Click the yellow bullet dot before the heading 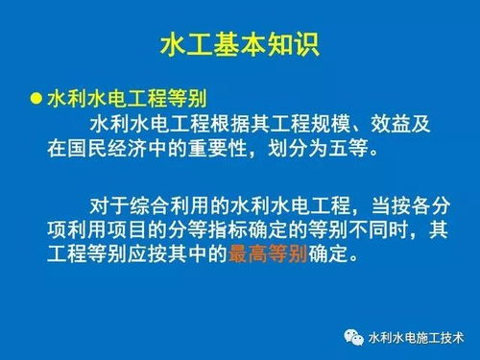[36, 100]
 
